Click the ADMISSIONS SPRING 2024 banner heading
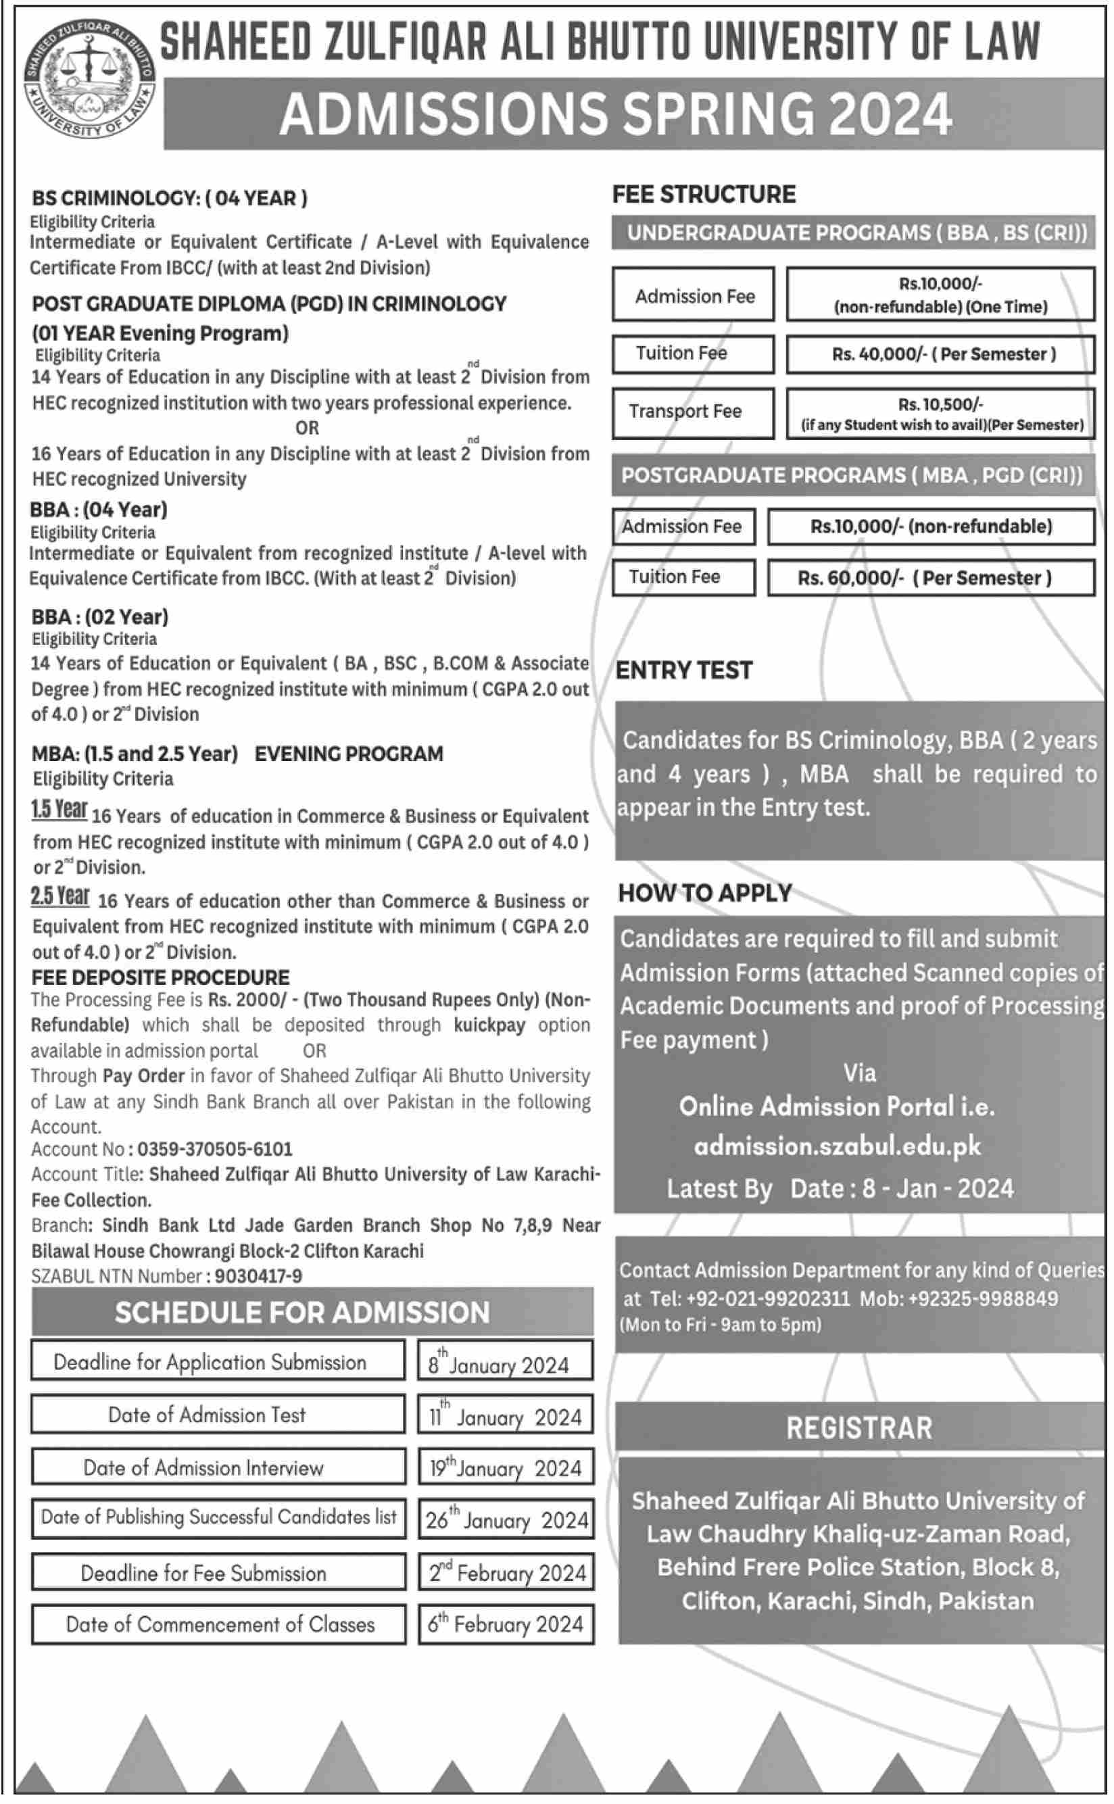click(615, 114)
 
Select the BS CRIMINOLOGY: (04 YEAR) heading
click(170, 198)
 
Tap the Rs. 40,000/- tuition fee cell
click(940, 354)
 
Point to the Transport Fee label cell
click(693, 412)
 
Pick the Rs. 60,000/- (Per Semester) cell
click(931, 579)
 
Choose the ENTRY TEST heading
click(683, 671)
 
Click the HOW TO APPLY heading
click(704, 893)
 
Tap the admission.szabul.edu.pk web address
click(837, 1146)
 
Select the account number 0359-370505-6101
click(215, 1149)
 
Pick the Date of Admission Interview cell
click(218, 1467)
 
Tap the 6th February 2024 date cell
click(506, 1624)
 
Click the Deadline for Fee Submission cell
click(218, 1573)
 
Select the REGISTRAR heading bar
click(859, 1428)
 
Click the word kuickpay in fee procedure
click(490, 1025)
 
